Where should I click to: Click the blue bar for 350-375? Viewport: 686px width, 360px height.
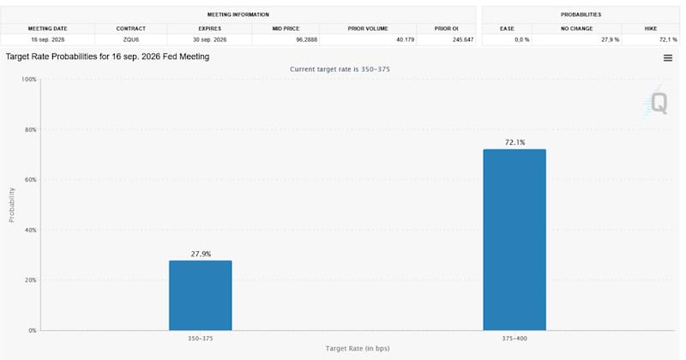pos(201,295)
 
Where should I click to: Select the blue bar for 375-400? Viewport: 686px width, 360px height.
pos(514,240)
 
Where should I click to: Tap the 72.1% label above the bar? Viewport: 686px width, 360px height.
pos(515,142)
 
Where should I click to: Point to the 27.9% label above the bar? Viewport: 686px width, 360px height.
pos(201,254)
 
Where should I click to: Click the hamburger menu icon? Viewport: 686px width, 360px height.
pos(668,57)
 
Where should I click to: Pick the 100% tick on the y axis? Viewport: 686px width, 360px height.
pos(29,79)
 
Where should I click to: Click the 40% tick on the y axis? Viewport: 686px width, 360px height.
pos(30,230)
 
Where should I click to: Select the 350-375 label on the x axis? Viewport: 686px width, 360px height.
pos(201,339)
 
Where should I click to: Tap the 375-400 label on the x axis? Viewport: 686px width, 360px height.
pos(514,339)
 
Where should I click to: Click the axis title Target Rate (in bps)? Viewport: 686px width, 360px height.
pos(358,348)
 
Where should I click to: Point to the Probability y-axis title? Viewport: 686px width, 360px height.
pos(12,205)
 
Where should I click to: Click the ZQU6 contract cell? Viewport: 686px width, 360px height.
pos(131,39)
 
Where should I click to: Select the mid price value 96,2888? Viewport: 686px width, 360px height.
pos(307,39)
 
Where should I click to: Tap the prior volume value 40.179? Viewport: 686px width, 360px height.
pos(405,39)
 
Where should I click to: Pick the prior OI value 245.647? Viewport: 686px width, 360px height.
pos(463,39)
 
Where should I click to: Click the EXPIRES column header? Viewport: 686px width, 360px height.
pos(209,28)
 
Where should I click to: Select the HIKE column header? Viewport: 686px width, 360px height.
pos(651,28)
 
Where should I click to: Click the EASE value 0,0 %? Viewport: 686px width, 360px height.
pos(522,39)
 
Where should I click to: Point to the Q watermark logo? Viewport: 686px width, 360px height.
pos(656,103)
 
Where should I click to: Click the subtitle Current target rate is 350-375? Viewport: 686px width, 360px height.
pos(340,69)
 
